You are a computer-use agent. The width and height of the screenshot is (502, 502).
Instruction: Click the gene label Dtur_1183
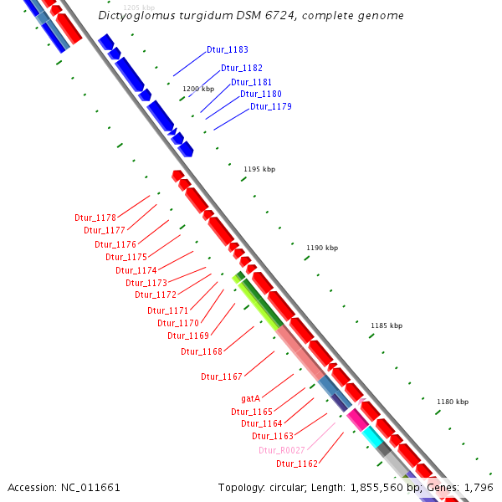coord(222,50)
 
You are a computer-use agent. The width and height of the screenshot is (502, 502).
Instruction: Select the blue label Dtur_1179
coord(270,106)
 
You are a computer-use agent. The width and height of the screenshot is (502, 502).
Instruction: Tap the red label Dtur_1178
coord(95,218)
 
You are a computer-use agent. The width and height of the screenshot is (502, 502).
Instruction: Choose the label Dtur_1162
coord(297,464)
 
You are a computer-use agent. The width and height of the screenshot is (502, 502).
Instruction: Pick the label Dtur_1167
coord(222,376)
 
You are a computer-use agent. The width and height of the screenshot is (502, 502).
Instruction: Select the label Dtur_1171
coord(168,310)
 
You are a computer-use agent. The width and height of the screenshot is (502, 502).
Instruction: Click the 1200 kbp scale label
coord(198,89)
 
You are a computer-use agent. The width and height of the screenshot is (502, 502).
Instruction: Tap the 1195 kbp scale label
coord(259,169)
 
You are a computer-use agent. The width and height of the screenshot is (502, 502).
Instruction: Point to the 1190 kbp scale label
coord(322,248)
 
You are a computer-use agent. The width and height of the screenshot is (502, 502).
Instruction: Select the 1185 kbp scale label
coord(387,325)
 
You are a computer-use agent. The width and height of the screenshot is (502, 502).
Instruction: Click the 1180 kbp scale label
coord(452,402)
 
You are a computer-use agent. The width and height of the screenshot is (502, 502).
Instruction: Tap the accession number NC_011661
coord(90,487)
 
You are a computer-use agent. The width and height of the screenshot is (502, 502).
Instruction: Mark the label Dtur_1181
coord(251,82)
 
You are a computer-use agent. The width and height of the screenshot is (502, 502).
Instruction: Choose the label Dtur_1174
coord(136,270)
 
